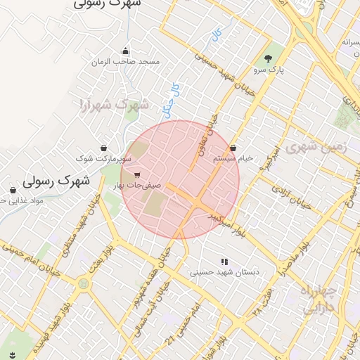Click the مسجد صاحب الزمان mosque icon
tap(125, 51)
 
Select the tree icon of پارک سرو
tap(268, 58)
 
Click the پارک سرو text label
tap(267, 70)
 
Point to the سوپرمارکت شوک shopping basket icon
tap(104, 148)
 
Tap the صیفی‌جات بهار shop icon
tap(136, 174)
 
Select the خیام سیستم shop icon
tap(233, 148)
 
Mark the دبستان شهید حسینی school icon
tap(225, 262)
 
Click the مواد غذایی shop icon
tap(13, 190)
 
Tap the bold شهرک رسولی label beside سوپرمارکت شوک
tap(57, 181)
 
